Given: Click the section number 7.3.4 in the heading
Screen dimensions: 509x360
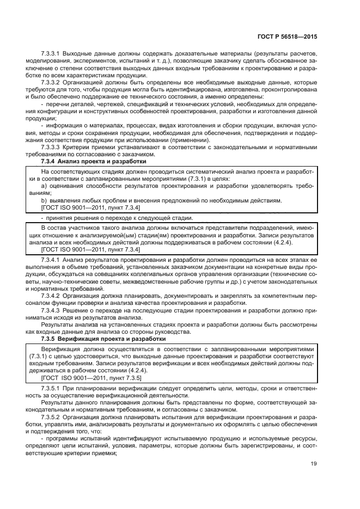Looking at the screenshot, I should (48, 161).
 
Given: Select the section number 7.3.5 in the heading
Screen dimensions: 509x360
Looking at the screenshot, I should (48, 338).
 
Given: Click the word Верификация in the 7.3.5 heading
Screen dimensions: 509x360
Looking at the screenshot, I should (77, 338).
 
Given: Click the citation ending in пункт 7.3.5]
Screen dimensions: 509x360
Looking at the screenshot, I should (91, 377).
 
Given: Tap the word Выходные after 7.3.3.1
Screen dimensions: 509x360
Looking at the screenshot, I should (80, 55).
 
